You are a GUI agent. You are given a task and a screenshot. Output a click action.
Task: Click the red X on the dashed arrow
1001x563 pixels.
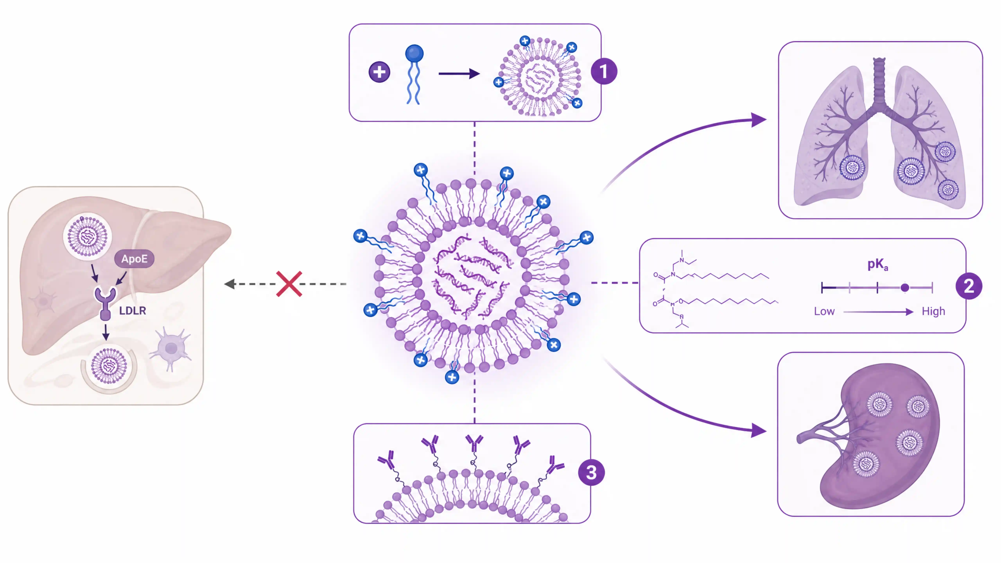[x=289, y=284]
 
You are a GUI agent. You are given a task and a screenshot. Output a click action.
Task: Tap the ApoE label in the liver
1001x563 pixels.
[x=134, y=259]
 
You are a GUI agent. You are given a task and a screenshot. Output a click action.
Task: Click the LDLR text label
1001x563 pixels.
[x=133, y=311]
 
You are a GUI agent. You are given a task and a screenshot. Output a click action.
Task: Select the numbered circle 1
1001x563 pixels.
[x=604, y=72]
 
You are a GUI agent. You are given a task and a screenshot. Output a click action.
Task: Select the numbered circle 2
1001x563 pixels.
[x=969, y=286]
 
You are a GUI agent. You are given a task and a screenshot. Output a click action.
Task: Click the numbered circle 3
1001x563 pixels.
[x=591, y=472]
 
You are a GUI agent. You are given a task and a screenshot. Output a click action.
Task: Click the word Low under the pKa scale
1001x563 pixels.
[x=824, y=311]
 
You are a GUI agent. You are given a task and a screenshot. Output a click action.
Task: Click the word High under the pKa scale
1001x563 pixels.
[x=933, y=311]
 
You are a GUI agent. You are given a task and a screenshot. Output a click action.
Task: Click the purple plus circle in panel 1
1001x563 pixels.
[x=379, y=72]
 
